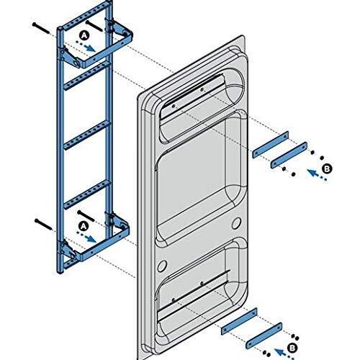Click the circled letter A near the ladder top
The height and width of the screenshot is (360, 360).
[x=84, y=35]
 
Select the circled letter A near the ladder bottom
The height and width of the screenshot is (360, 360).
[x=84, y=225]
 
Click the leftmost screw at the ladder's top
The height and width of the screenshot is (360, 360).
[x=40, y=28]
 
